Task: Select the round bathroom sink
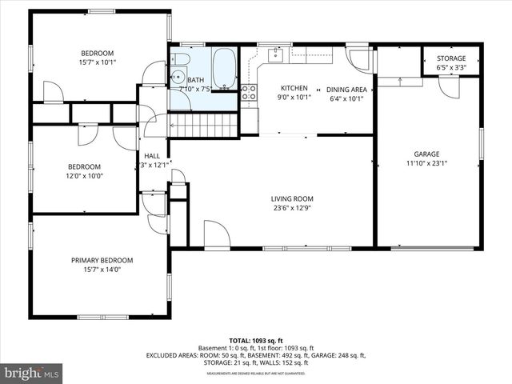[x=176, y=78]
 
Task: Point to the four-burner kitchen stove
[x=249, y=92]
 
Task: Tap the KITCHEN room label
[x=288, y=88]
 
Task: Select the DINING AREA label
[x=347, y=88]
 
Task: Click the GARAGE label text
[x=426, y=154]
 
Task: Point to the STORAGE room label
[x=452, y=58]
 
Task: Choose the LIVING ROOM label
[x=291, y=199]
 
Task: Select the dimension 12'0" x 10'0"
[x=85, y=176]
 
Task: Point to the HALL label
[x=151, y=155]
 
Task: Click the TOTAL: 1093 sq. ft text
[x=255, y=340]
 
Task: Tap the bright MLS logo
[x=31, y=372]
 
